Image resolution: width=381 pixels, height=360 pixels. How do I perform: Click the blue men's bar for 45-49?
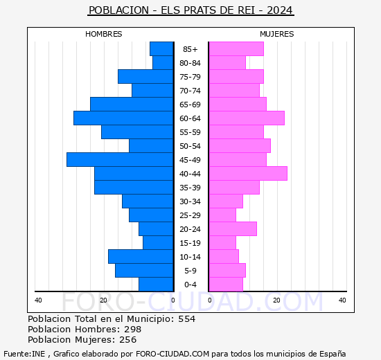pos(120,160)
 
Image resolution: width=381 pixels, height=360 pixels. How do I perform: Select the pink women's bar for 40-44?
pos(248,174)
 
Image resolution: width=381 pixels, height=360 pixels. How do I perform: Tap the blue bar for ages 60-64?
pos(123,118)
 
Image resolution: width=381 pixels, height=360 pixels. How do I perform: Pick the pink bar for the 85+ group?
pos(236,49)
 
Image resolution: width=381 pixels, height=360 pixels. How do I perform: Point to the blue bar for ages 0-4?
pos(156,285)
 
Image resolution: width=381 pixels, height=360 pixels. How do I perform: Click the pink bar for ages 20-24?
pos(233,229)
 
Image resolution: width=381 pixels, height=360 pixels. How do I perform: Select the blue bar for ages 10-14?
pos(141,257)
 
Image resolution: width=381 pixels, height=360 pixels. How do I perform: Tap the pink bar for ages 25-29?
pos(222,215)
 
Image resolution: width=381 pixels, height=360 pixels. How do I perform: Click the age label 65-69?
pos(190,105)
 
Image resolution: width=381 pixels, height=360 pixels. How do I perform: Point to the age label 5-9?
pos(190,271)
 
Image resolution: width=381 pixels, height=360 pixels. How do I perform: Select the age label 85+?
pos(190,49)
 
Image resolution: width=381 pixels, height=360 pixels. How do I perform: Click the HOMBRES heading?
pos(104,34)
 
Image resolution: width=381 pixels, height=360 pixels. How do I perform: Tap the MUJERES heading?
pos(277,34)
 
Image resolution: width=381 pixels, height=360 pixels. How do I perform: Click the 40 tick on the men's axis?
pos(38,300)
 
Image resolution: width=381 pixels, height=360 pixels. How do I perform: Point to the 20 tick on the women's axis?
pos(276,300)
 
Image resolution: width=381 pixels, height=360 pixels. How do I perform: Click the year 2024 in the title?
pos(280,10)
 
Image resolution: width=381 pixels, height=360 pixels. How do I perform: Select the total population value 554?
pos(187,319)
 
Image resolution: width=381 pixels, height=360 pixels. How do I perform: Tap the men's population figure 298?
pos(133,330)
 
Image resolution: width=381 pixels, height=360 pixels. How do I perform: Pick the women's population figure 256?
pos(128,340)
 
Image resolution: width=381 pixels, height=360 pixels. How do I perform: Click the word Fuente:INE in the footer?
pos(24,354)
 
